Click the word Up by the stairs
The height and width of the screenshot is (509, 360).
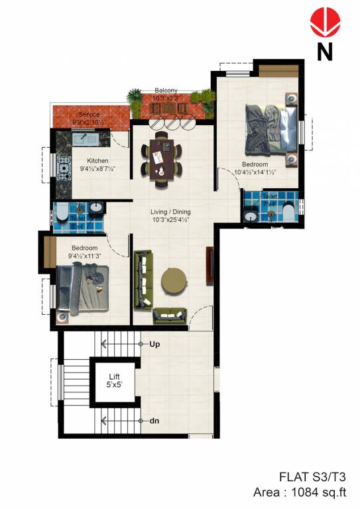pyautogui.click(x=155, y=345)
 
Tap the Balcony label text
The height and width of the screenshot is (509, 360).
pyautogui.click(x=165, y=90)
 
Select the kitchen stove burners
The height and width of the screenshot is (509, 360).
pyautogui.click(x=64, y=168)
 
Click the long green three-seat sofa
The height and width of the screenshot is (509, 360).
pyautogui.click(x=143, y=279)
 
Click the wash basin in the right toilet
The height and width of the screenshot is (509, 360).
pyautogui.click(x=251, y=215)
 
